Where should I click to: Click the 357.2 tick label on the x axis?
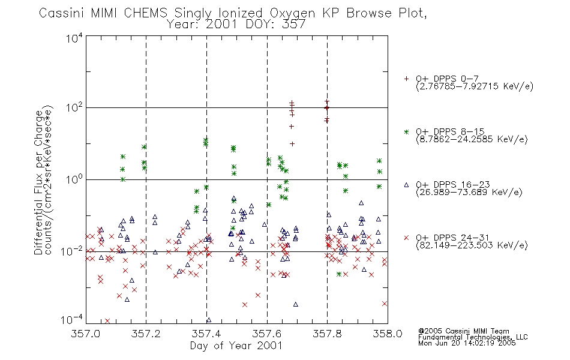pyautogui.click(x=146, y=334)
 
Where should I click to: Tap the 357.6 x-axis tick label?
pyautogui.click(x=267, y=334)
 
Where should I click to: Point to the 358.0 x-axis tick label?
pyautogui.click(x=388, y=334)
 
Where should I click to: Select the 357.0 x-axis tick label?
pyautogui.click(x=86, y=334)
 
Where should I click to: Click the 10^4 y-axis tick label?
pyautogui.click(x=74, y=38)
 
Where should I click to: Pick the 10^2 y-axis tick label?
pyautogui.click(x=74, y=109)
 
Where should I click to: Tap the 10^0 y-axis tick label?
pyautogui.click(x=74, y=180)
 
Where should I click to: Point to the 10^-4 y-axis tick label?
pyautogui.click(x=72, y=320)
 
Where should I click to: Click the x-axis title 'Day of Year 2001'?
pyautogui.click(x=236, y=346)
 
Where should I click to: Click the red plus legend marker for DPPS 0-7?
pyautogui.click(x=406, y=79)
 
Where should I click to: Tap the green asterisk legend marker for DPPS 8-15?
pyautogui.click(x=406, y=131)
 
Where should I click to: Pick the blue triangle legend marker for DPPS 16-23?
pyautogui.click(x=406, y=185)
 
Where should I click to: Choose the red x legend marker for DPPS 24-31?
pyautogui.click(x=406, y=238)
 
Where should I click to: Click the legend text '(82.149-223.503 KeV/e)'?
pyautogui.click(x=472, y=245)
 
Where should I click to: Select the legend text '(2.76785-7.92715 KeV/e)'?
pyautogui.click(x=475, y=86)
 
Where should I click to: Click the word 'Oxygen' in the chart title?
pyautogui.click(x=292, y=13)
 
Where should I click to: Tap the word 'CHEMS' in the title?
pyautogui.click(x=145, y=13)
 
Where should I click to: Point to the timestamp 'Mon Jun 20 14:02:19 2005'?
pyautogui.click(x=467, y=343)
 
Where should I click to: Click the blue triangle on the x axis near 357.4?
pyautogui.click(x=209, y=320)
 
